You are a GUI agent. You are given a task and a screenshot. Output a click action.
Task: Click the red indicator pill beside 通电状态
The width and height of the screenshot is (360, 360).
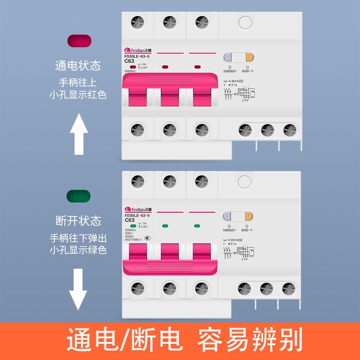[x=79, y=40]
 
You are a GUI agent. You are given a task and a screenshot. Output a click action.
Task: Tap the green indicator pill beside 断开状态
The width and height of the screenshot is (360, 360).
[x=78, y=197]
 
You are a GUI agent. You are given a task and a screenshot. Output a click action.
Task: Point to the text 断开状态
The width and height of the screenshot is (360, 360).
[x=78, y=221]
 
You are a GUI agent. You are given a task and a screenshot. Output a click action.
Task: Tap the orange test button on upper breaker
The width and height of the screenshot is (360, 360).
[x=249, y=58]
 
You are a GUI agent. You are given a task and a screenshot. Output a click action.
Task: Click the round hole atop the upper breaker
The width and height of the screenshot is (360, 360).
[x=245, y=22]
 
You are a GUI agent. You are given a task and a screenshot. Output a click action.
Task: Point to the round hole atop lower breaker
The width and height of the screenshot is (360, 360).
[x=244, y=181]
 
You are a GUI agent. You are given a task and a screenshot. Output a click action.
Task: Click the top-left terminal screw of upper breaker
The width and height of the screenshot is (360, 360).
[x=137, y=21]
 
